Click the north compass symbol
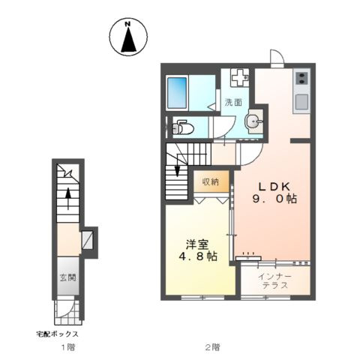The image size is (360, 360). coord(127,37)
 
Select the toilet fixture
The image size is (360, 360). coord(181,128)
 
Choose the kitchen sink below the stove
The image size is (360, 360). coord(301,101)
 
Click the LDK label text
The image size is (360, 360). coord(274,186)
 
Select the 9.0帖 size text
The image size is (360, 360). coord(274,199)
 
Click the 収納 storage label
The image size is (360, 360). coord(210,182)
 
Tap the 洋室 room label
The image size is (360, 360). coord(196,243)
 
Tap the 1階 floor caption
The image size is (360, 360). coord(68,347)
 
